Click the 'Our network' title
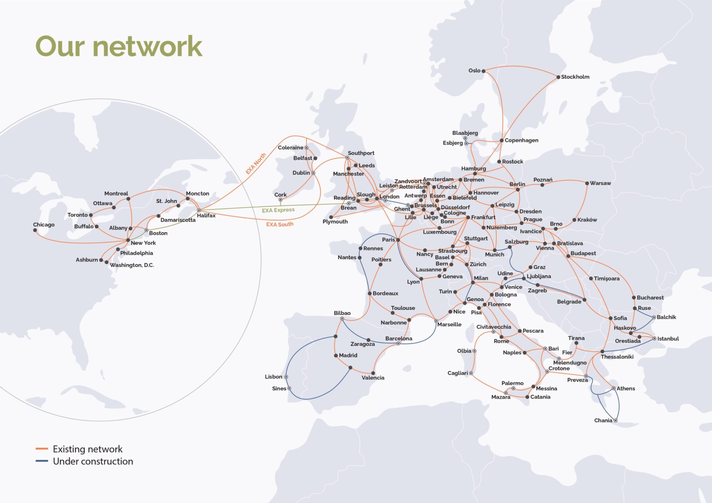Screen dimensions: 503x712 point(119,46)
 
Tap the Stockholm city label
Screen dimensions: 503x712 point(575,77)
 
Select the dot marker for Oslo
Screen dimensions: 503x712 point(483,71)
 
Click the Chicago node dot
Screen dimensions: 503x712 point(35,230)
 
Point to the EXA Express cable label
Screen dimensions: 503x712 point(278,210)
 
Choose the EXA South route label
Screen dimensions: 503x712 point(280,224)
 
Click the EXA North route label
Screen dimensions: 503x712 point(256,163)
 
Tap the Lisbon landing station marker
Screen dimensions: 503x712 point(286,377)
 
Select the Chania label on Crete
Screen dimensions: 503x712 point(603,420)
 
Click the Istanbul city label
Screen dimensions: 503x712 point(668,339)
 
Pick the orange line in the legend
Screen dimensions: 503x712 point(42,449)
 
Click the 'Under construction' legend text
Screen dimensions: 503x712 point(93,461)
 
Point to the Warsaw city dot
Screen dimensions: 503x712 point(587,183)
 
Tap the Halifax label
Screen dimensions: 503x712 point(206,215)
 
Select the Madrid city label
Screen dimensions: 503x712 point(348,355)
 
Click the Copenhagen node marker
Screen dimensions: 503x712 point(502,140)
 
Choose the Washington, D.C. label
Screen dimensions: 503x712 point(132,265)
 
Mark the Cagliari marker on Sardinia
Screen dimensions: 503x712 point(471,373)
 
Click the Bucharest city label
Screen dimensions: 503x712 point(650,298)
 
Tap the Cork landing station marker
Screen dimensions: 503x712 point(281,200)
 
